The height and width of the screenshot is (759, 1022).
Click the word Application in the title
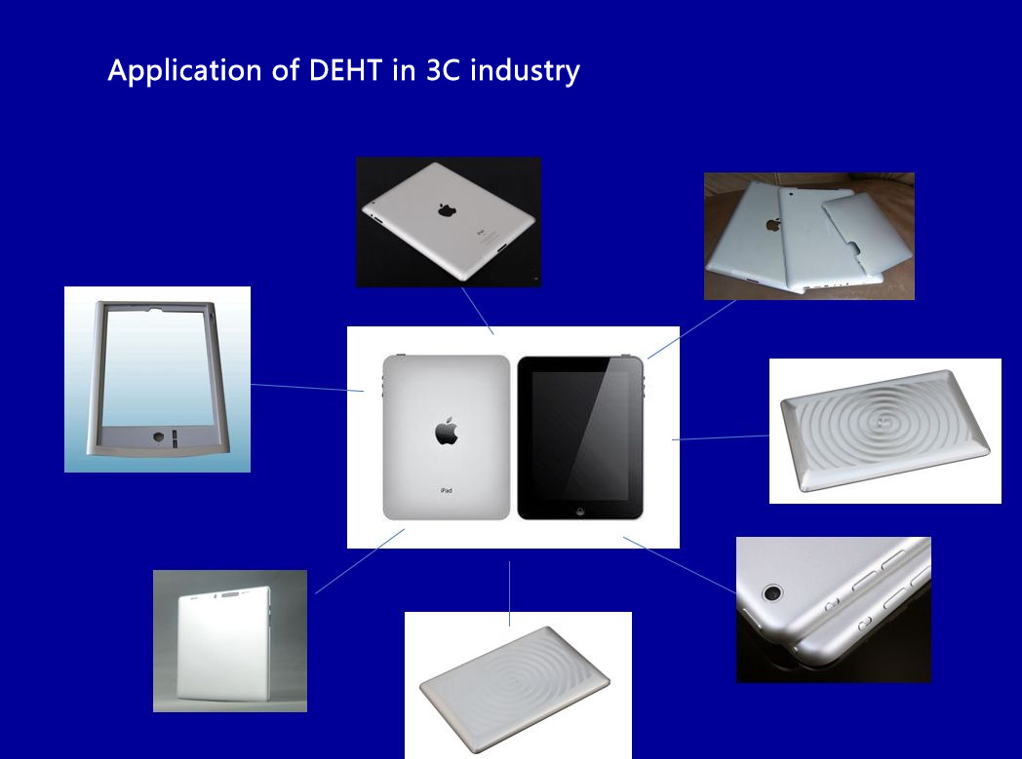click(184, 71)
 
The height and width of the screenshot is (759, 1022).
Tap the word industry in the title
click(525, 71)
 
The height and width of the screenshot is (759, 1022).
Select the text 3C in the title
click(444, 70)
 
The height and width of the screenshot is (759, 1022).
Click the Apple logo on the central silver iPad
click(447, 431)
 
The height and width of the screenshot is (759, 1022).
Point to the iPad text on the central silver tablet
click(447, 490)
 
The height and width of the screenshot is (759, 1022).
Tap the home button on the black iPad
click(581, 511)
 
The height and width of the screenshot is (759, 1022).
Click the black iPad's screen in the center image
click(580, 436)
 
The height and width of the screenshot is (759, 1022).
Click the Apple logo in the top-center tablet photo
click(447, 209)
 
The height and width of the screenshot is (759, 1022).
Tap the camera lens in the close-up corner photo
click(773, 593)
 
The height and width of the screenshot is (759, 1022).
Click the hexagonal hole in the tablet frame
click(158, 436)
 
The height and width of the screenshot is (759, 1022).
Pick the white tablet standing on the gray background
click(223, 643)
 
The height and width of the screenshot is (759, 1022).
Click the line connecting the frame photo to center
click(307, 388)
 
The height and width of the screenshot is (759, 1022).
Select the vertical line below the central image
click(510, 593)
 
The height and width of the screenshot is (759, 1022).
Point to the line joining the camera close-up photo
click(680, 565)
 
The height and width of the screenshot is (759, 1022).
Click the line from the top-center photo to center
click(478, 311)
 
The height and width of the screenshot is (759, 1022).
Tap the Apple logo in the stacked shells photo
click(773, 225)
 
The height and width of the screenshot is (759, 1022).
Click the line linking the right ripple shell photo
click(721, 438)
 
